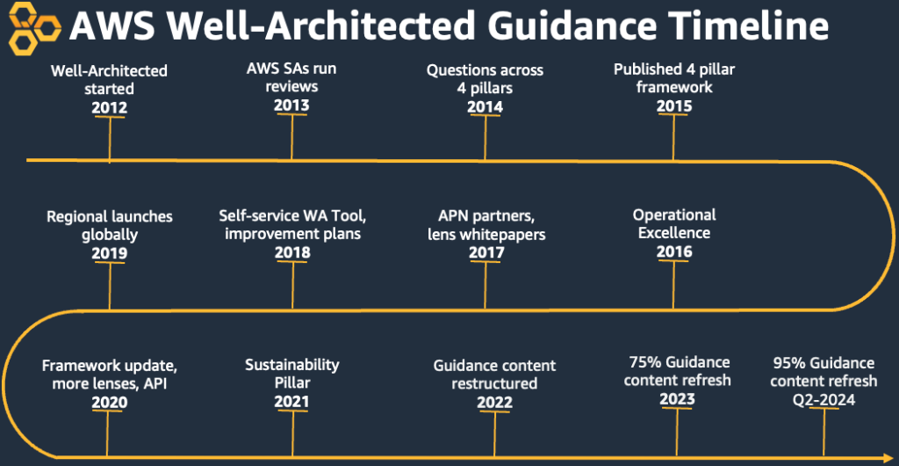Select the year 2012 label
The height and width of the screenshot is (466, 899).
pos(109,108)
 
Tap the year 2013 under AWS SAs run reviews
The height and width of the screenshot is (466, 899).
pos(291,106)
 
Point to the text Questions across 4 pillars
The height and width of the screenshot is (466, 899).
pos(485,78)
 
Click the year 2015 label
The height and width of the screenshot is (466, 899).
pos(674,106)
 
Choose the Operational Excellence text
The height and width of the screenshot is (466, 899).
pos(674,223)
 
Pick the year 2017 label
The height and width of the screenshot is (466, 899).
pos(486,252)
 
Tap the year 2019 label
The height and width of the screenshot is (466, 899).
pos(109,253)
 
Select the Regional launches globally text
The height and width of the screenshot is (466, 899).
pos(110,225)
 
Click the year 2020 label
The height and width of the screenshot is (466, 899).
pos(109,402)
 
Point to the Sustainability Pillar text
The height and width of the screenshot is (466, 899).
pos(291,373)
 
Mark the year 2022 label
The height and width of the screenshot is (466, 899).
pos(495,402)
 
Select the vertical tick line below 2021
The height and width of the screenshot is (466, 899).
pos(291,431)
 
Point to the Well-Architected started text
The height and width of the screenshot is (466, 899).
pos(110,79)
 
